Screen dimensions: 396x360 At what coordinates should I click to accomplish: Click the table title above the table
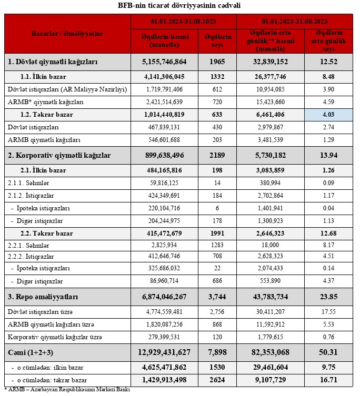(x=180, y=6)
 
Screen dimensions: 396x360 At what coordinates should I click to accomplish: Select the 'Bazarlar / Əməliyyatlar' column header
(x=67, y=34)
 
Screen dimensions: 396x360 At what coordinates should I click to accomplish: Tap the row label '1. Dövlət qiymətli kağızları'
(x=53, y=62)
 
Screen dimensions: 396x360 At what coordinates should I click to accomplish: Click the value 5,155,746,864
(x=164, y=62)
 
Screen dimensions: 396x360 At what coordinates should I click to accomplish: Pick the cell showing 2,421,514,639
(x=164, y=102)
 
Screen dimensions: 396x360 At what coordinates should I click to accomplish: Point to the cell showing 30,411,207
(x=271, y=311)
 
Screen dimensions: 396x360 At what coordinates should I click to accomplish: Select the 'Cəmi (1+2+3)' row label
(x=34, y=351)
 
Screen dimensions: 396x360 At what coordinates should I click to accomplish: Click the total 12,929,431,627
(x=164, y=351)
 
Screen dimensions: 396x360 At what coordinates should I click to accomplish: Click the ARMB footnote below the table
(x=67, y=390)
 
